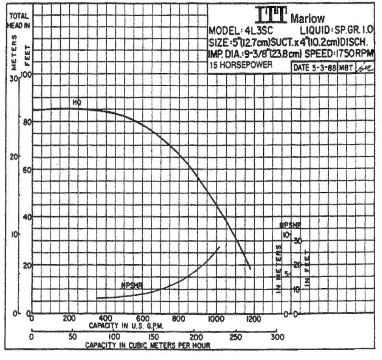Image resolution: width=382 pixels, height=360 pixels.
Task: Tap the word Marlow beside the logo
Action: pyautogui.click(x=307, y=18)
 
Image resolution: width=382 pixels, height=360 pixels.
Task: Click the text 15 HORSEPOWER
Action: pyautogui.click(x=241, y=64)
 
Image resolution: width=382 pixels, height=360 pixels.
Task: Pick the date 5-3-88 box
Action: pyautogui.click(x=314, y=67)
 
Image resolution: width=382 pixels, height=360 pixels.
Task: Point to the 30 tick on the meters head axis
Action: pyautogui.click(x=13, y=78)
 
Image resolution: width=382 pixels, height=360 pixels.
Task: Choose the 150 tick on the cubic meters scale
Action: pyautogui.click(x=155, y=338)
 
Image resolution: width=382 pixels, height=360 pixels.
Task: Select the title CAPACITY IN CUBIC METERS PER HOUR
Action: pyautogui.click(x=148, y=345)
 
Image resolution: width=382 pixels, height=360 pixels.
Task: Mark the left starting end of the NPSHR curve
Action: pyautogui.click(x=97, y=299)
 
